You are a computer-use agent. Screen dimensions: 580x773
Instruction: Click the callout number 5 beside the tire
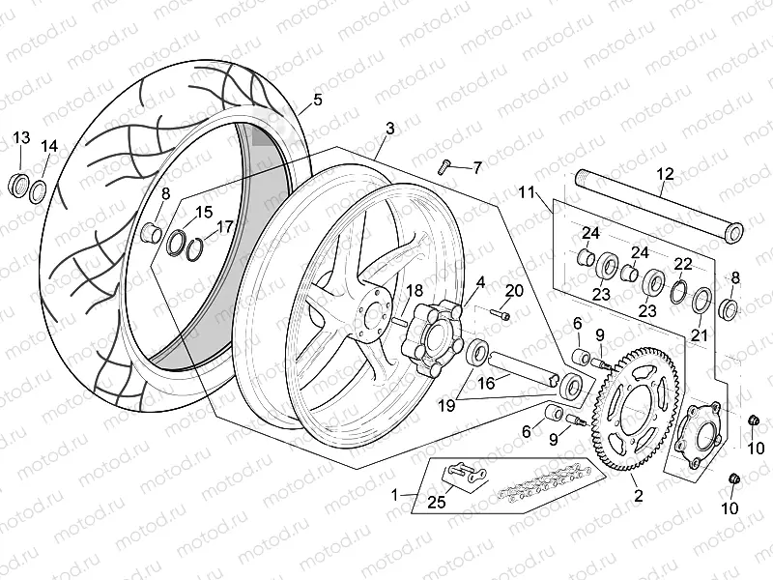317,100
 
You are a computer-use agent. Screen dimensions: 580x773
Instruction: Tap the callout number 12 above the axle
665,174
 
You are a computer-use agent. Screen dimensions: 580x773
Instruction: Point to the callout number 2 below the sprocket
638,496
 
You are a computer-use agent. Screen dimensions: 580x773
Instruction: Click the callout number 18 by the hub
414,290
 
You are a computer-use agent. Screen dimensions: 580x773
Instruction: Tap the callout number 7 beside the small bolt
476,167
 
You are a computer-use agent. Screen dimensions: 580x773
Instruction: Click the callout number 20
514,290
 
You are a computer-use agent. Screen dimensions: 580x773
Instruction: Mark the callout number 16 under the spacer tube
487,383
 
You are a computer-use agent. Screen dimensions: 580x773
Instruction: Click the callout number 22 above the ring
682,264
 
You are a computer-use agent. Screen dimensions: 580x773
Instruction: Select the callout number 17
224,227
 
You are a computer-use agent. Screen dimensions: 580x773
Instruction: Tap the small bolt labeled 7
445,165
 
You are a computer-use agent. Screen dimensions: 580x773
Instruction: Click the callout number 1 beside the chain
394,494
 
